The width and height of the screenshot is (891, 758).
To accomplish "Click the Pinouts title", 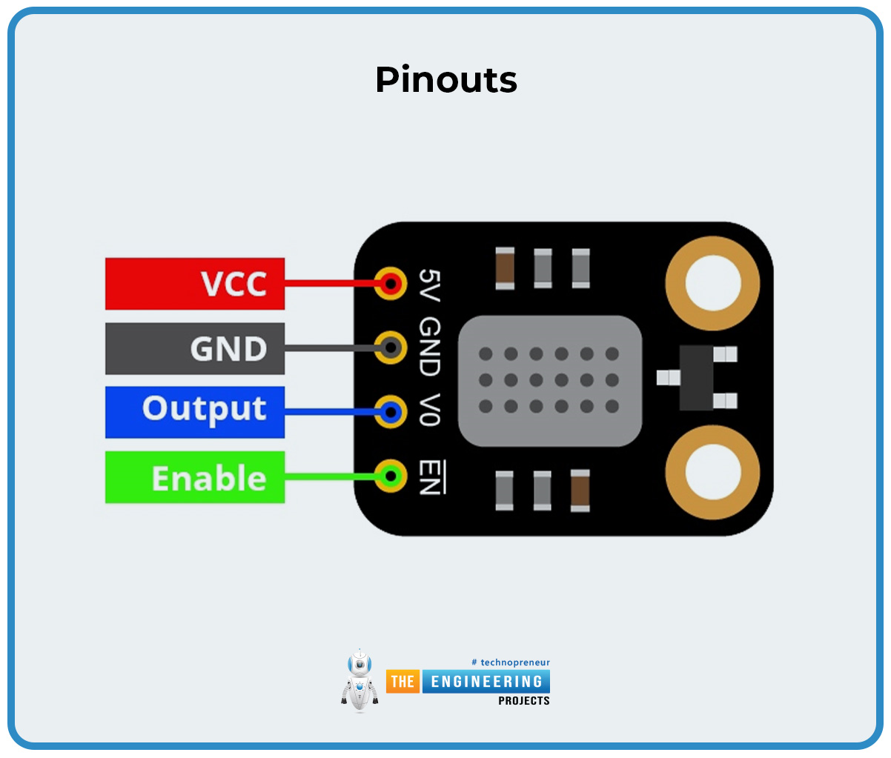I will coord(445,79).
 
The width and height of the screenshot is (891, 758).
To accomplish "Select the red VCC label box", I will coord(195,284).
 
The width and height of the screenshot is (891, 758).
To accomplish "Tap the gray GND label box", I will coord(195,348).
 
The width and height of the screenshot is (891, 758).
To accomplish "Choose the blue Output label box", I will coord(195,412).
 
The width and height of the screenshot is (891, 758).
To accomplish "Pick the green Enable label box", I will coord(195,477).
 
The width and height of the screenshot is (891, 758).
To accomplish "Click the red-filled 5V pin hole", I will coord(390,283).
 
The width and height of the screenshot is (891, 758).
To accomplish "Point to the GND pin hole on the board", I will coord(390,347).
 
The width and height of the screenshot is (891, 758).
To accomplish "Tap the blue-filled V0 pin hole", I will coord(390,411).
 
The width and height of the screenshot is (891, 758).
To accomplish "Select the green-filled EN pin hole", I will coord(390,475).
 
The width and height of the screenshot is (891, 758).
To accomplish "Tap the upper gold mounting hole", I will coord(712,284).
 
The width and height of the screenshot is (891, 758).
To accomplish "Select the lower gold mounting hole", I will coord(712,472).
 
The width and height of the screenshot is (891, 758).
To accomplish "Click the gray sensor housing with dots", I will coord(549,381).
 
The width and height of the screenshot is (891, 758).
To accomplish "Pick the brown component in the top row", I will coord(505,268).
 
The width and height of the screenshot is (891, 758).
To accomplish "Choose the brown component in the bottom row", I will coord(580,490).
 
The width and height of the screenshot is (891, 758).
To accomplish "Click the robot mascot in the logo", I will coord(360,680).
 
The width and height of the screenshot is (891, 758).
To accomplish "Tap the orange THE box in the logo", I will coord(403,682).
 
